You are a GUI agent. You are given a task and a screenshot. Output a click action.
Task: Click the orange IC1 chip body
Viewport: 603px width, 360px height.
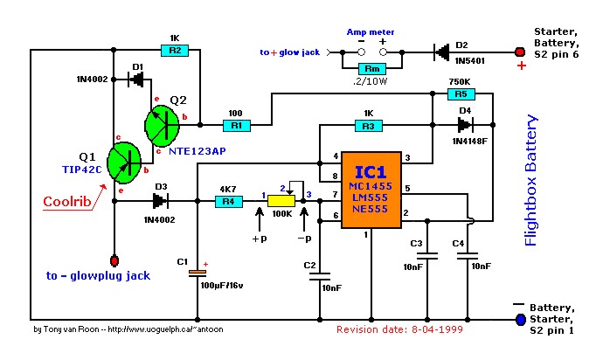[371, 190]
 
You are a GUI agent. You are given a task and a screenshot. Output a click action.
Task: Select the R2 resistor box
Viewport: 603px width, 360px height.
[175, 51]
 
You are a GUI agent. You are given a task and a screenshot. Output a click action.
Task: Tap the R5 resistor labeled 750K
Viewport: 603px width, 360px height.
[461, 93]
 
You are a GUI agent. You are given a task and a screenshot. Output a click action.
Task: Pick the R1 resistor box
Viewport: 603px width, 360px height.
[237, 125]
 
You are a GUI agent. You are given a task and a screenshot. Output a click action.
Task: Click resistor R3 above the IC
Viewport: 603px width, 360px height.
[369, 125]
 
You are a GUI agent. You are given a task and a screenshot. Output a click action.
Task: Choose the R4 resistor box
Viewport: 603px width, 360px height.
[229, 201]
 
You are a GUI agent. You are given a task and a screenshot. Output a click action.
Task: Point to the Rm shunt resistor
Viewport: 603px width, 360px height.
[372, 69]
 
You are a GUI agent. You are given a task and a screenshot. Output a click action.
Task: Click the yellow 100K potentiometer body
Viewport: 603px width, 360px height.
[281, 201]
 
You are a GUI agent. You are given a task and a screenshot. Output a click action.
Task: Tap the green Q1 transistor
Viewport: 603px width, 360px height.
[124, 163]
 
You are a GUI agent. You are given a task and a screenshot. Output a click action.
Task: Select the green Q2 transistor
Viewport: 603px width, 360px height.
[162, 125]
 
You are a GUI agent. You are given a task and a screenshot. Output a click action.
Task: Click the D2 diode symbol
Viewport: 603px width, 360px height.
[441, 52]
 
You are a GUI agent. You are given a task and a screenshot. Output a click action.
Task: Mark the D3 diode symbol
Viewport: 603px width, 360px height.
[160, 201]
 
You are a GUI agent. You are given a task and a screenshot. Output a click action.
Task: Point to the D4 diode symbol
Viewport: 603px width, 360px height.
[465, 125]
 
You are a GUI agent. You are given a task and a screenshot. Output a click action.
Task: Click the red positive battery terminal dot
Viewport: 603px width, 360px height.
[520, 52]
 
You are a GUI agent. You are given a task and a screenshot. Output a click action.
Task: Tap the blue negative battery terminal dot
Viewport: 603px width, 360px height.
[521, 319]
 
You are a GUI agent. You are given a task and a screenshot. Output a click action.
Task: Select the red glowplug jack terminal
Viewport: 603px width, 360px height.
[114, 260]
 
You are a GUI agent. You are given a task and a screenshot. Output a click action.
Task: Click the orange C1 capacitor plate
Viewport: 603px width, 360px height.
[198, 272]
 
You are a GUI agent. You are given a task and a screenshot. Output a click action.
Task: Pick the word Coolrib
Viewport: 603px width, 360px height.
[67, 202]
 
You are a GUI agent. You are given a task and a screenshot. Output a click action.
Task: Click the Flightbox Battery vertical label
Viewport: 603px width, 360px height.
[530, 180]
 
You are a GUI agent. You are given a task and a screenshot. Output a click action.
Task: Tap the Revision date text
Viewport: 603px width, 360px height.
[399, 329]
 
